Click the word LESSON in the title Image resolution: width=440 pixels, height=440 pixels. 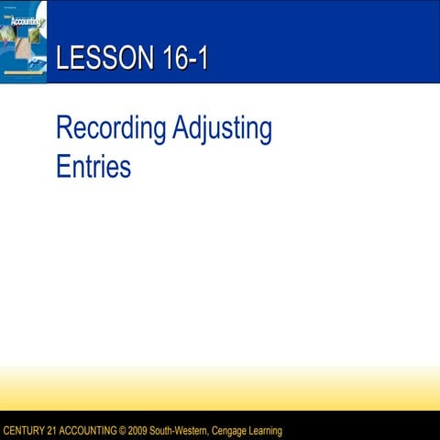click(x=96, y=60)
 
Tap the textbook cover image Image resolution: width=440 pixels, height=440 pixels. click(x=24, y=42)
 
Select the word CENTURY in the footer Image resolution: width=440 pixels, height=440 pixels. click(x=26, y=431)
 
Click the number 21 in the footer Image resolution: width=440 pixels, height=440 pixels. click(x=57, y=431)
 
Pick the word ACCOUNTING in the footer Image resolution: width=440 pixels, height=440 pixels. click(x=94, y=431)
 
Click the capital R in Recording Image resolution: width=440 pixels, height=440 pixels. click(x=63, y=129)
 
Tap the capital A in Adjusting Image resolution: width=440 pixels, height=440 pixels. click(x=181, y=129)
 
